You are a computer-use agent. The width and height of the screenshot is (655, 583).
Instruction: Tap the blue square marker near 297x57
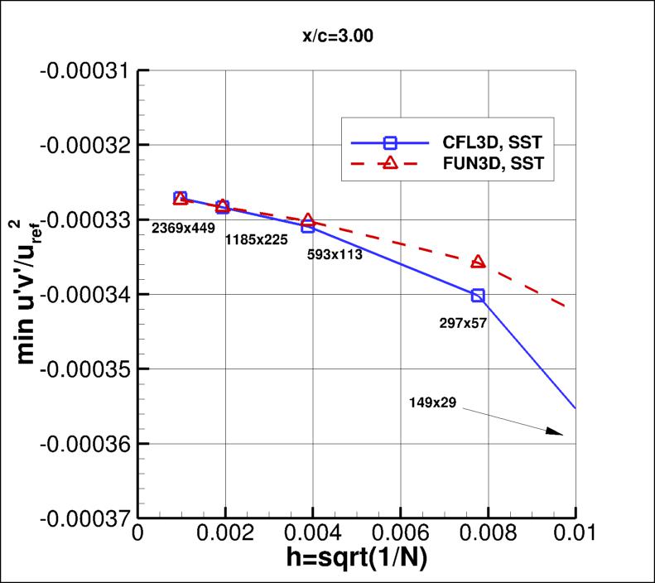478,296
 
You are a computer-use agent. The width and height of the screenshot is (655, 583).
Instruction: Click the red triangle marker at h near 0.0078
478,262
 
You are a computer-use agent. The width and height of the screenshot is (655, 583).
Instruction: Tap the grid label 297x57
462,323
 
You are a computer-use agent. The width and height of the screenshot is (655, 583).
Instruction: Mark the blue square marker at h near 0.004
308,226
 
